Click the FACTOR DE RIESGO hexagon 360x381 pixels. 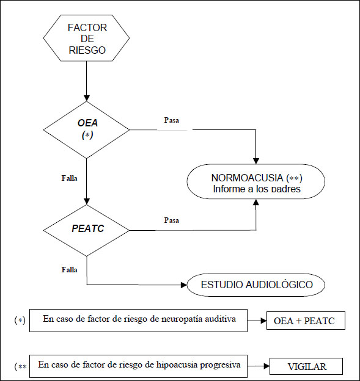[x=86, y=38]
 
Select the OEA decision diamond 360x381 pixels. [x=86, y=130]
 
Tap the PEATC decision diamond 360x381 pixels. [x=86, y=230]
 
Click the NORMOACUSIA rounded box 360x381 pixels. [x=256, y=181]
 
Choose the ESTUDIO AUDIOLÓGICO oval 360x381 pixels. [x=256, y=285]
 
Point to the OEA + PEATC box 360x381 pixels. [x=306, y=321]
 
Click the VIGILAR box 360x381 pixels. [x=306, y=366]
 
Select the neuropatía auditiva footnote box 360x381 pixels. [x=138, y=321]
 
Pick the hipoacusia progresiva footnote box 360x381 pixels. [x=138, y=366]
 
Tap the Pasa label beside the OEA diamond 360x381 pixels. [x=172, y=120]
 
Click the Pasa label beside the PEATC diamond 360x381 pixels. [x=172, y=220]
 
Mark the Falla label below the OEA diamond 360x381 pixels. [x=69, y=178]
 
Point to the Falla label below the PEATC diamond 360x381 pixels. [x=69, y=269]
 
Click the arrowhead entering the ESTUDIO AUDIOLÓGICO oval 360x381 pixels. [x=184, y=285]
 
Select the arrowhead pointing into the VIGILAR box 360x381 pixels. [x=267, y=366]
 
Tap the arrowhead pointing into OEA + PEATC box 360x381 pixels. [x=264, y=321]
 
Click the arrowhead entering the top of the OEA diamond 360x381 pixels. [x=87, y=98]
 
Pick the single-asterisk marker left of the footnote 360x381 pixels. [x=20, y=321]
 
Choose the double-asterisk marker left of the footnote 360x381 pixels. [x=21, y=366]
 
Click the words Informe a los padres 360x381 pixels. [x=257, y=189]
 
